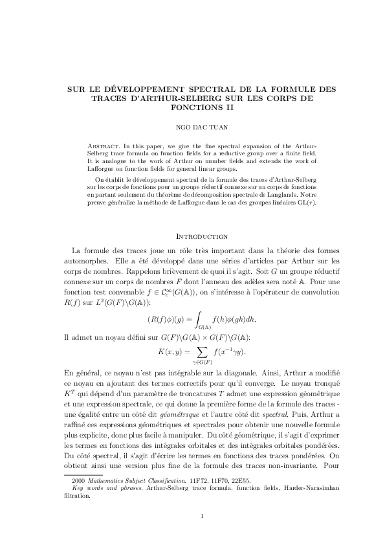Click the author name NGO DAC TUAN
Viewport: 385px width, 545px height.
[192, 128]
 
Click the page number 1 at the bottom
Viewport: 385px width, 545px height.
[202, 515]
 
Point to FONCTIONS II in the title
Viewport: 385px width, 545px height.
[192, 107]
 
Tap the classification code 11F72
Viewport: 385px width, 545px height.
[198, 482]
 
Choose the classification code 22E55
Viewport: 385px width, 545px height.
[239, 482]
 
